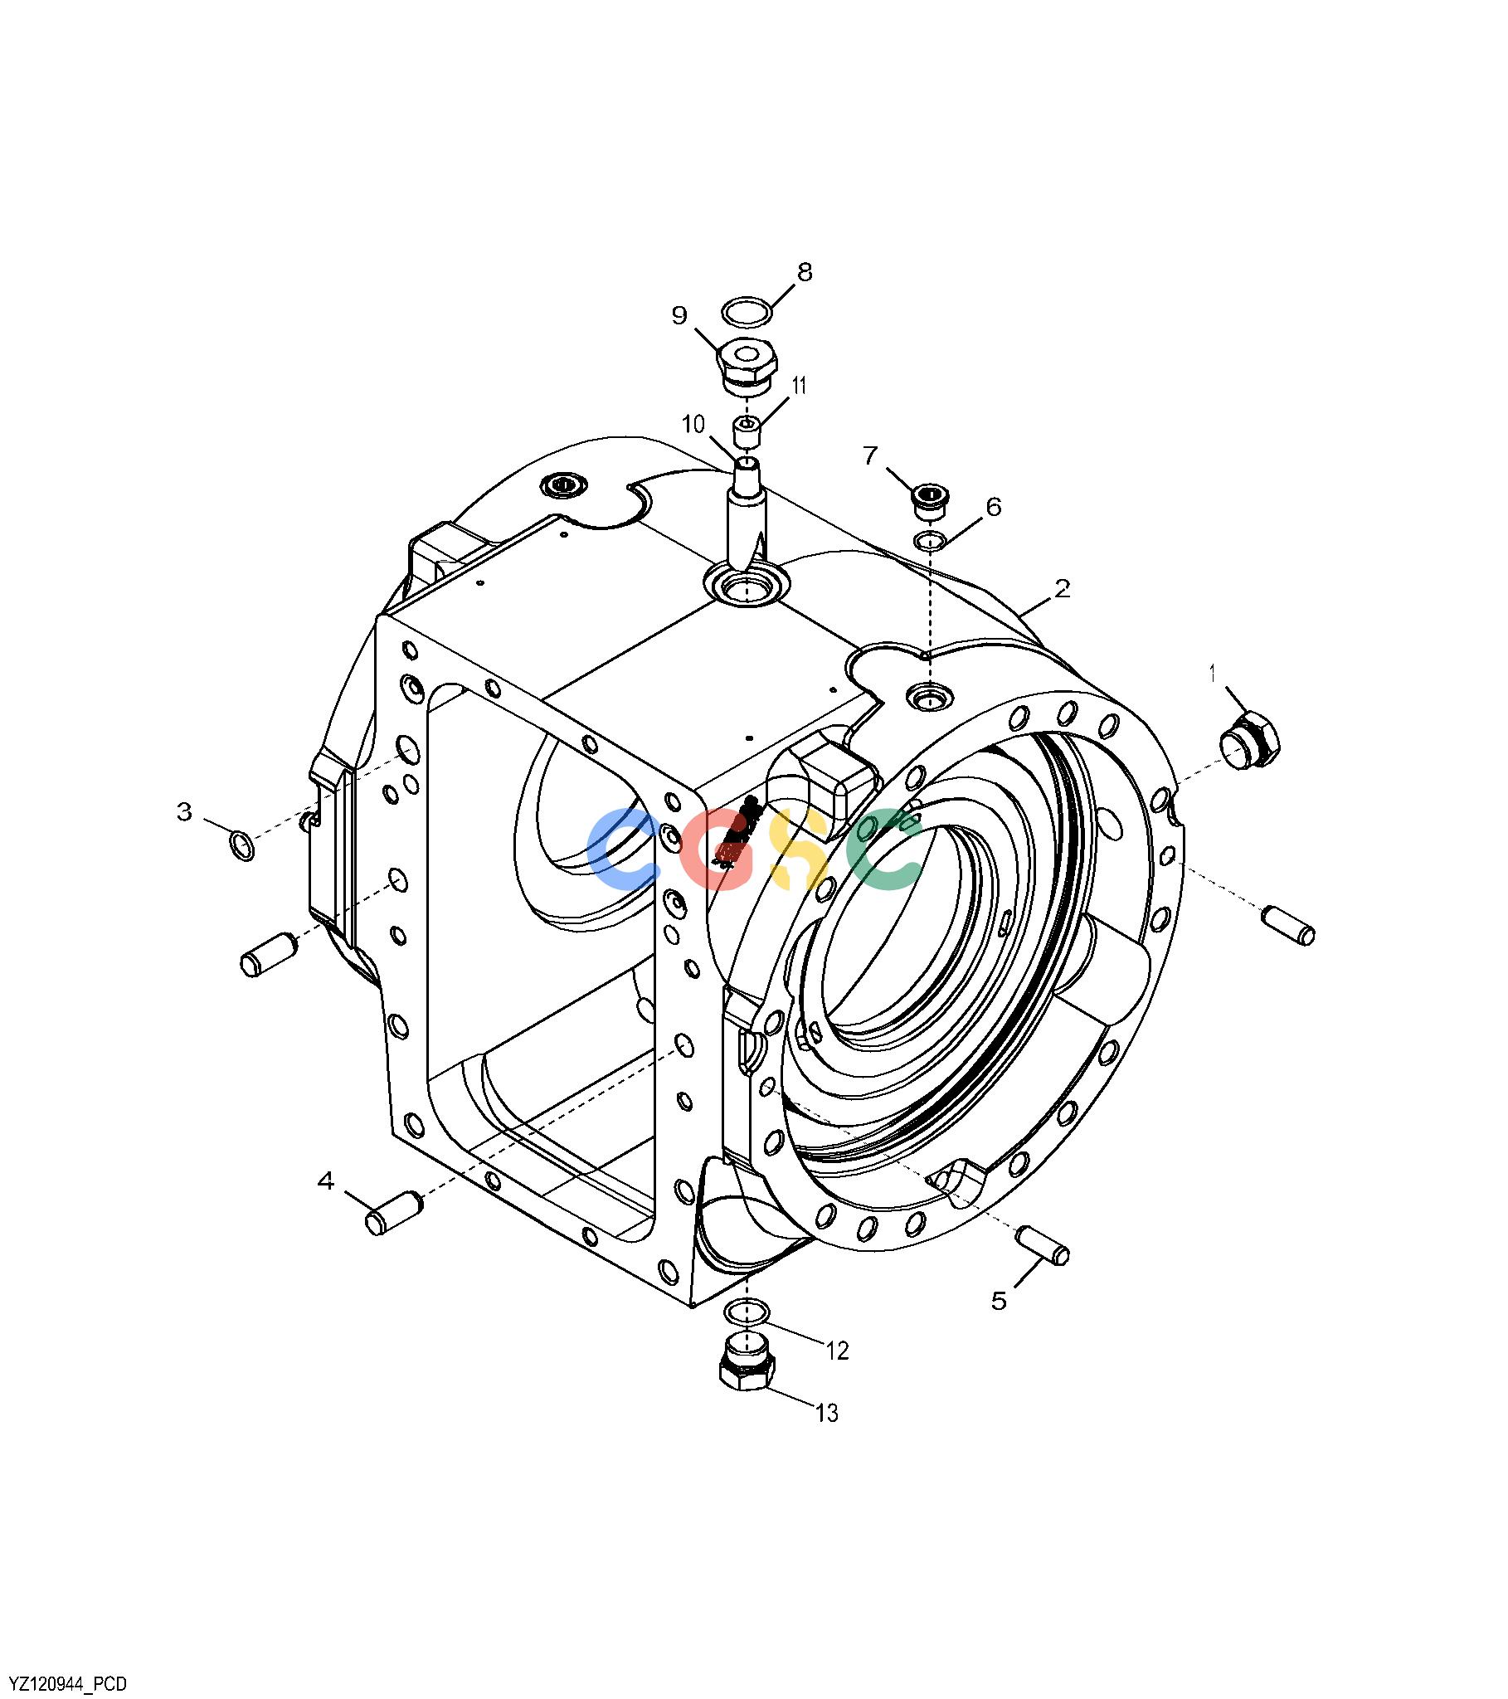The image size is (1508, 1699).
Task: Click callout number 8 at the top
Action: pyautogui.click(x=804, y=272)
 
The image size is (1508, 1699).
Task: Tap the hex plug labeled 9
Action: pyautogui.click(x=747, y=368)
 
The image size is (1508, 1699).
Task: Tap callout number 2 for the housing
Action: pyautogui.click(x=1062, y=588)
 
